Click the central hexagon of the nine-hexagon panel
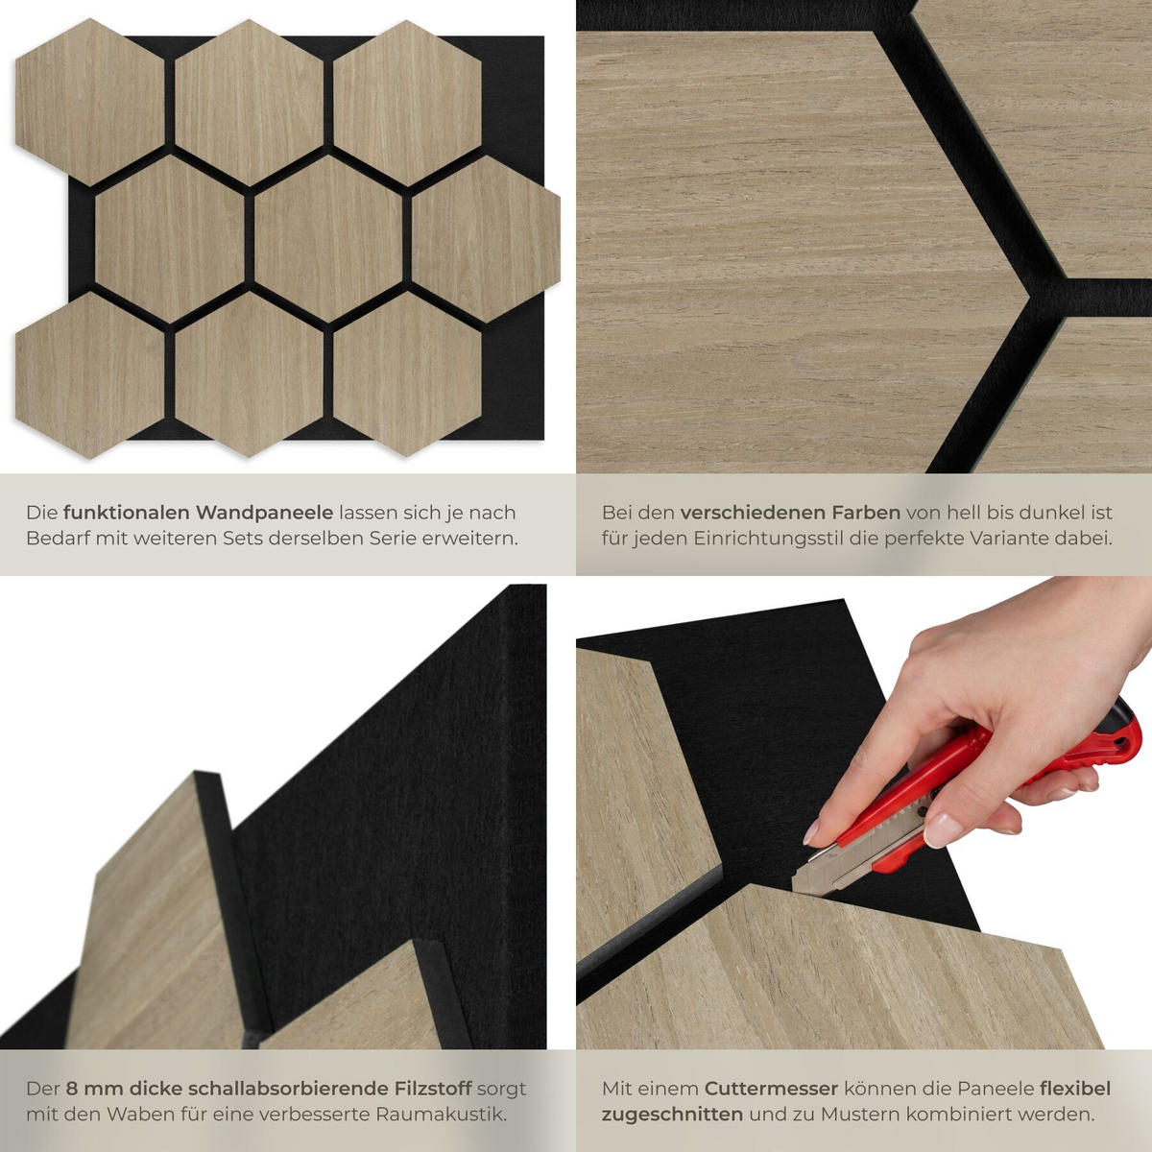pyautogui.click(x=328, y=239)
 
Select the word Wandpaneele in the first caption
pyautogui.click(x=265, y=513)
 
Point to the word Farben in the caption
pyautogui.click(x=864, y=513)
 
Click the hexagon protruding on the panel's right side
pyautogui.click(x=486, y=239)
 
